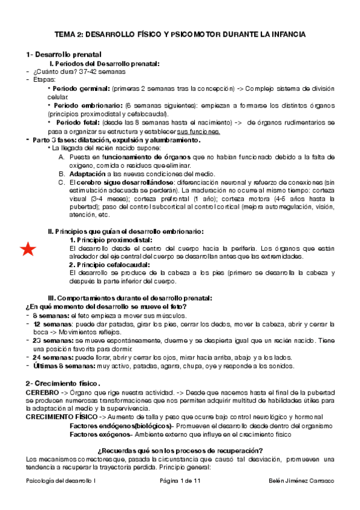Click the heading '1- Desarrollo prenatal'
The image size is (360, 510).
[x=64, y=55]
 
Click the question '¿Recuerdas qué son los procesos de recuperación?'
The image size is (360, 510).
[x=180, y=450]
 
